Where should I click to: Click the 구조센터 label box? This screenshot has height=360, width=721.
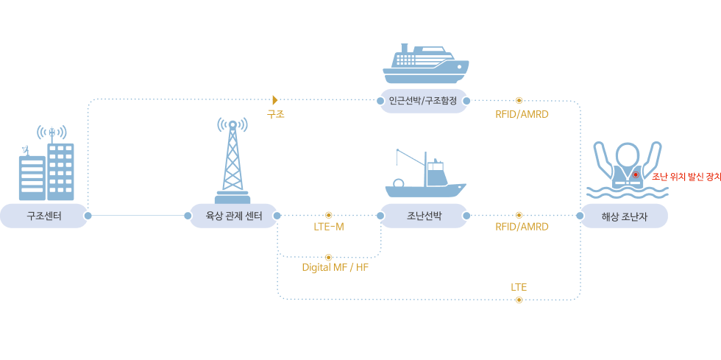pos(44,216)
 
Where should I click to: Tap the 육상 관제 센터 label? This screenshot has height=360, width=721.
pos(232,216)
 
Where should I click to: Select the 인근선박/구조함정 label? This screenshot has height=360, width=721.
pos(423,101)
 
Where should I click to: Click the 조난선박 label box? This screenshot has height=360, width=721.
pos(423,216)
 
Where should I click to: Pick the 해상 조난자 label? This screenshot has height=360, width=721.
pos(625,216)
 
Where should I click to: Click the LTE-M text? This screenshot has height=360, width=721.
pos(328,227)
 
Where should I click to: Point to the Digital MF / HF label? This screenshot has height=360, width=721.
pos(335,267)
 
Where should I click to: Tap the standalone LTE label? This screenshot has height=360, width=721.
pos(519,287)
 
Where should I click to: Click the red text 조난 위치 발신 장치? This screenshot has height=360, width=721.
pos(686,177)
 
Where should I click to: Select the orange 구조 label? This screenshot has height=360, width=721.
pos(276,114)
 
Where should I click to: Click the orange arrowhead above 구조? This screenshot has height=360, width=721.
pos(276,99)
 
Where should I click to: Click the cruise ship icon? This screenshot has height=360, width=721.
pos(425,65)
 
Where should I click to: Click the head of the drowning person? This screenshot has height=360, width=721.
pos(628,155)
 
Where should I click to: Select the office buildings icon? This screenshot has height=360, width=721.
pos(46,168)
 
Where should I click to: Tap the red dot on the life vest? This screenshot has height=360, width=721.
pos(636,175)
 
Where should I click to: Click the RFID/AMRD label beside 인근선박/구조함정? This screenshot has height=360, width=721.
pos(522,114)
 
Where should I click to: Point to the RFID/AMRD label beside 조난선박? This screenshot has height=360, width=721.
pos(522,227)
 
